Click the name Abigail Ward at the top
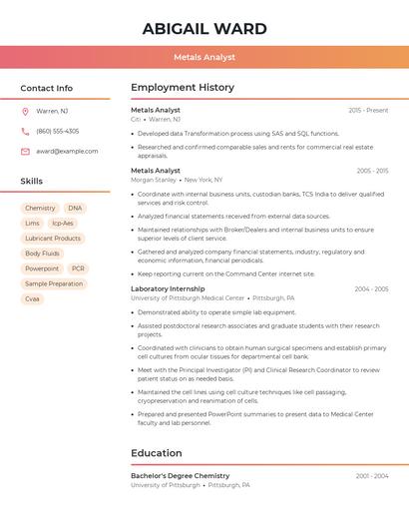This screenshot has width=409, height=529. click(204, 29)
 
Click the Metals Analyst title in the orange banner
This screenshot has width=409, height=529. click(204, 58)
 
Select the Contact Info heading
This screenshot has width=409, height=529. click(46, 88)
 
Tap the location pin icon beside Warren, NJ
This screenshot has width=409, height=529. click(25, 111)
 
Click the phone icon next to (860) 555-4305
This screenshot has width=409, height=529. click(25, 131)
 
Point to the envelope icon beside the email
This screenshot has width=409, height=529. click(25, 151)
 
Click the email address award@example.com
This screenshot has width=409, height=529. click(67, 151)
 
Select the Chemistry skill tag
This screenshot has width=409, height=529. click(40, 208)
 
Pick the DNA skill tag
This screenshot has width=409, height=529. click(76, 208)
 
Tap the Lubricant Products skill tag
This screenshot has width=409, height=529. click(53, 239)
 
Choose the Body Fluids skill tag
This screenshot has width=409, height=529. click(42, 254)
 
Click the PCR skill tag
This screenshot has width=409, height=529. click(78, 268)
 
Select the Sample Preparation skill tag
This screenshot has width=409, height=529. click(54, 283)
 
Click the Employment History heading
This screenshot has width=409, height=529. click(182, 88)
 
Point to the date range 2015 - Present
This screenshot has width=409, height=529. click(368, 110)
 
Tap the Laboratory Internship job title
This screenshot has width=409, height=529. click(168, 288)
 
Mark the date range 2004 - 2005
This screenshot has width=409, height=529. click(371, 288)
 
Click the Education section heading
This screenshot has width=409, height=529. click(156, 453)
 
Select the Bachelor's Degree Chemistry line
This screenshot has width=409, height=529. click(180, 476)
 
